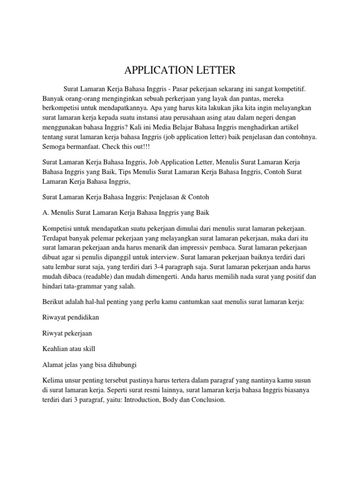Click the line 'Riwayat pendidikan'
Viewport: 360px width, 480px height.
pyautogui.click(x=68, y=317)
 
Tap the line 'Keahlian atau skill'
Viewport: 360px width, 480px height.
pyautogui.click(x=70, y=349)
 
